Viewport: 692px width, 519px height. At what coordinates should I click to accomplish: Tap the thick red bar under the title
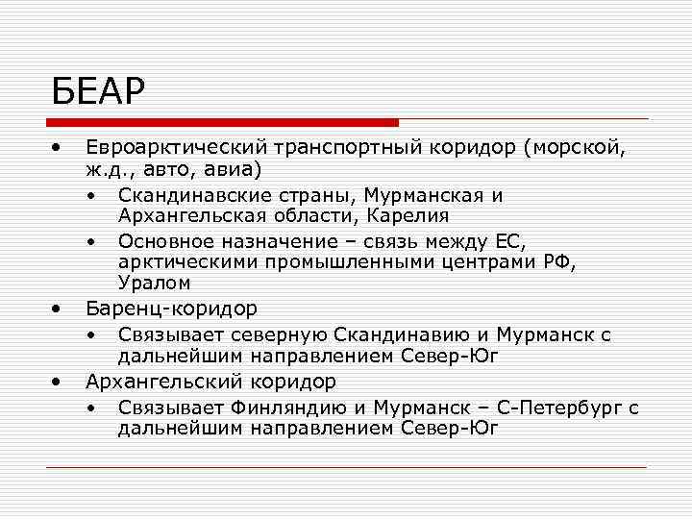[222, 122]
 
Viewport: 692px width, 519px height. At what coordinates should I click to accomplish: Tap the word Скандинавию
[398, 334]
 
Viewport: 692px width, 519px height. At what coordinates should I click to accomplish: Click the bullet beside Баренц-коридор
[59, 309]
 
